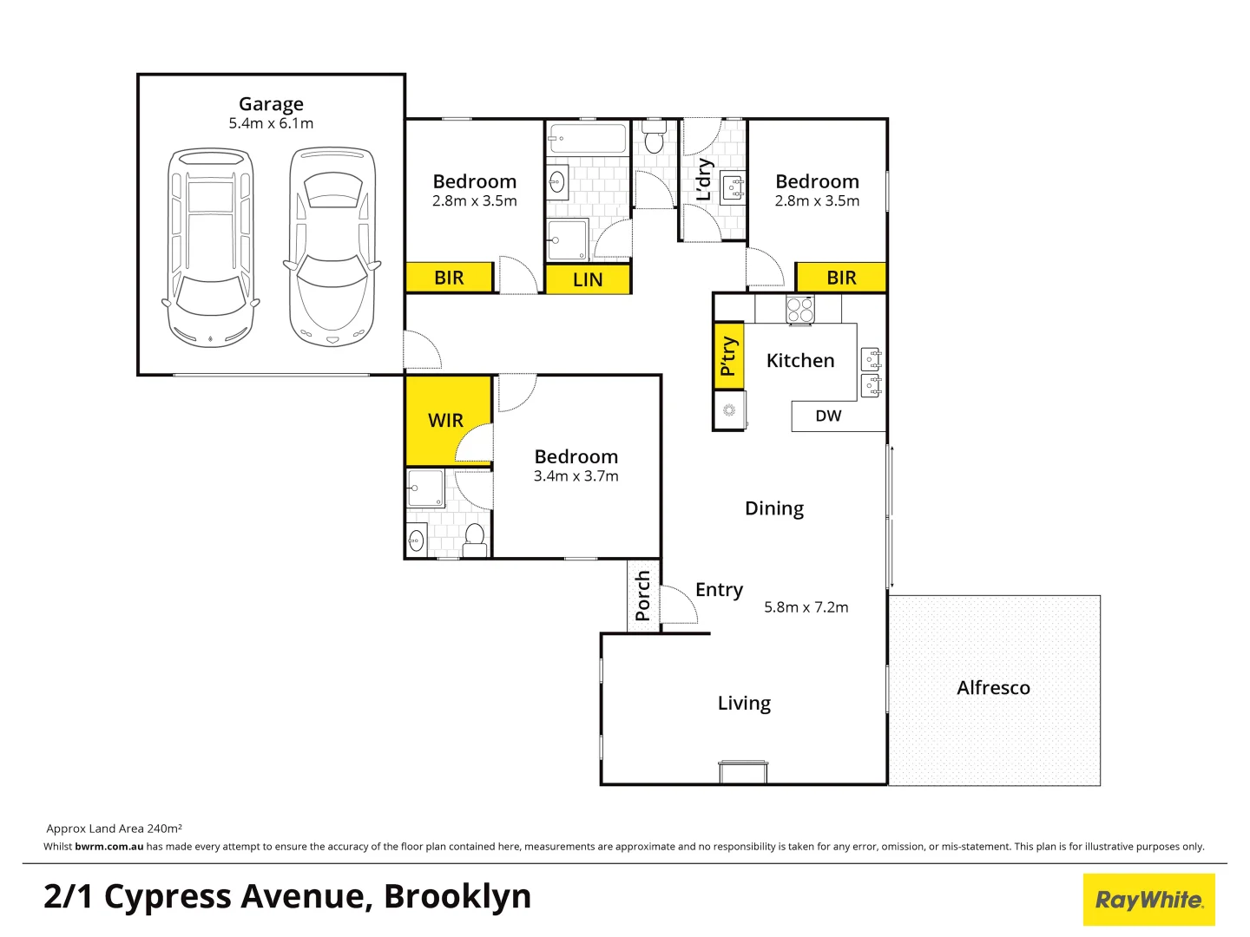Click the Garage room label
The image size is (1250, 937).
coord(271,104)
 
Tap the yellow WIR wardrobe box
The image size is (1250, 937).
coord(446,420)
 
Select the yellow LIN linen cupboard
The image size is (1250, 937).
coord(588,279)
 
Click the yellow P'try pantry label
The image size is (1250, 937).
coord(728,356)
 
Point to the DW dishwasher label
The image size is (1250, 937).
coord(828,416)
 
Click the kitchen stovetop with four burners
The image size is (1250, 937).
coord(799,310)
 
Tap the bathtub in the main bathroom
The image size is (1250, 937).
coord(588,139)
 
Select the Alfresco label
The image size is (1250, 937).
coord(993,688)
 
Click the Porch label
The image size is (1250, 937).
coord(643,595)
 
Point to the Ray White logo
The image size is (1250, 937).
coord(1148,900)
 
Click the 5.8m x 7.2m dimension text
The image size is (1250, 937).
coord(806,607)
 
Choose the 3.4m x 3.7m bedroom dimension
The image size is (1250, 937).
coord(576,476)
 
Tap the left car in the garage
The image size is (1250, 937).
coord(211,247)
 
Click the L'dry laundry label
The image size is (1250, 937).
coord(704,180)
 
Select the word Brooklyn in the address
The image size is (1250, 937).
coord(457,897)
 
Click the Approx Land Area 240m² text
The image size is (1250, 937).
coord(114,829)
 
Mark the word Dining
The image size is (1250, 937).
coord(774,508)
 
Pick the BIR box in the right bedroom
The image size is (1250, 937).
coord(841,278)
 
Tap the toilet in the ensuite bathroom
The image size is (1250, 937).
coord(475,538)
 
